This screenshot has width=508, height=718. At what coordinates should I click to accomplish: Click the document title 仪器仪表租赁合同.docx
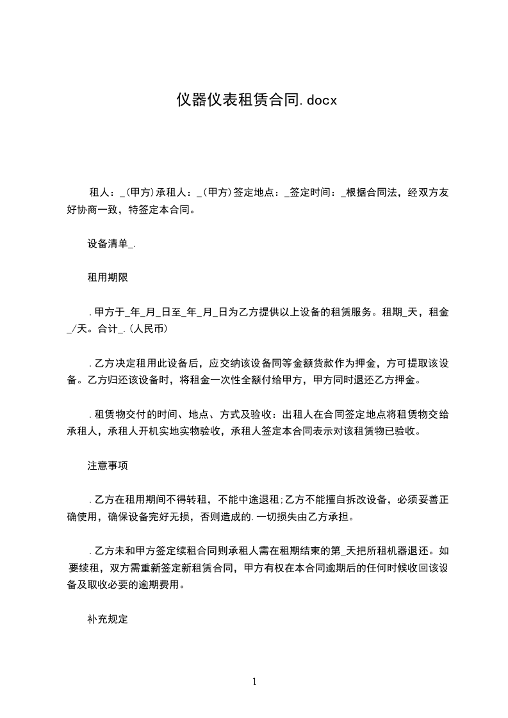click(x=256, y=100)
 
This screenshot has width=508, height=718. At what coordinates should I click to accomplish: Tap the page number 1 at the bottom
click(x=254, y=682)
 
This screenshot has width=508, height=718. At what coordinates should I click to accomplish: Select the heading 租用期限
click(x=108, y=278)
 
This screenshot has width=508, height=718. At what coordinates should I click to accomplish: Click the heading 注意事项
click(x=108, y=466)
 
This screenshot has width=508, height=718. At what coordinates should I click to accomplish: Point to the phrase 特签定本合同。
click(x=167, y=209)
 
